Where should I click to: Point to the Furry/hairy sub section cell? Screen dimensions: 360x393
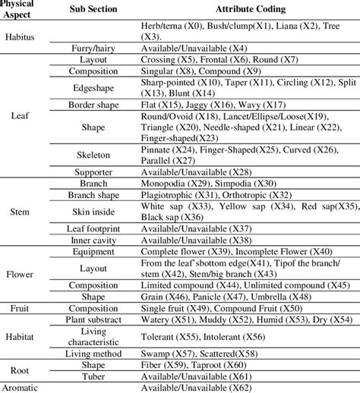click(93, 47)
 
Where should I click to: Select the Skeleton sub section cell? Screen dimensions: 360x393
click(93, 156)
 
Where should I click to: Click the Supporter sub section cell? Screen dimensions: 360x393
click(93, 173)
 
